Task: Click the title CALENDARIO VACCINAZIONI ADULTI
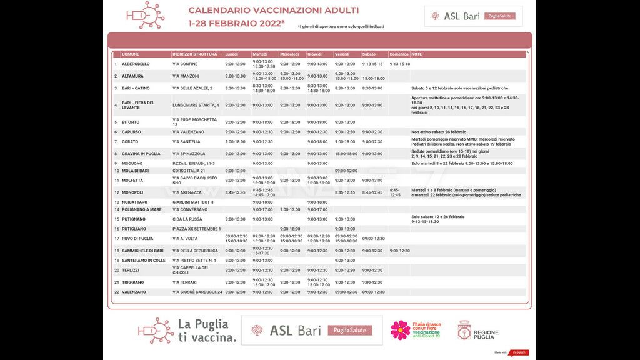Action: point(273,11)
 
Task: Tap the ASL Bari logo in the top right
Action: point(473,16)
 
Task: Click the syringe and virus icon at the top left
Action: point(145,15)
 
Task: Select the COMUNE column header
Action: point(131,54)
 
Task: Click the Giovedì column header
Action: point(315,54)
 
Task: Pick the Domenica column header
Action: point(399,54)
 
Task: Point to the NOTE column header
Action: point(417,54)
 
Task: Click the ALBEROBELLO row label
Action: point(136,64)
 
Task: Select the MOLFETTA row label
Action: point(132,181)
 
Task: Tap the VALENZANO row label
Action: point(134,292)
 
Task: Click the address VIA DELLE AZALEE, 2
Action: point(192,88)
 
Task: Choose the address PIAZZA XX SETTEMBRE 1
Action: point(197,229)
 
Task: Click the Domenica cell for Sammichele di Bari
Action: point(399,251)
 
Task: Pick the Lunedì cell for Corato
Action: point(236,141)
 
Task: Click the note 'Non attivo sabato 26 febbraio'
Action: point(439,132)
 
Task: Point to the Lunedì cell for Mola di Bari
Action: point(236,171)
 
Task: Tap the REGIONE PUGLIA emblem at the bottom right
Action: point(478,331)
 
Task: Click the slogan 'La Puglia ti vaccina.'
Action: point(207,331)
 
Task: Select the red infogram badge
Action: point(519,352)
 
